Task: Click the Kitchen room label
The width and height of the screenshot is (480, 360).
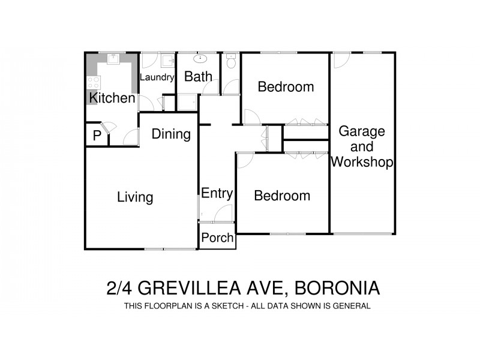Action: [x=112, y=98]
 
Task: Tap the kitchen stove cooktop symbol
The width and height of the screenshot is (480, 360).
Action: [x=94, y=82]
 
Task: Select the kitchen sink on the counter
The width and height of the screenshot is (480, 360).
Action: [x=113, y=58]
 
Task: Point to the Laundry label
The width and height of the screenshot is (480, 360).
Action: [x=157, y=77]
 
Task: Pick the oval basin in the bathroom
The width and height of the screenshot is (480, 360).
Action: [x=200, y=59]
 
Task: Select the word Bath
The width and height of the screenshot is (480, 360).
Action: [x=198, y=77]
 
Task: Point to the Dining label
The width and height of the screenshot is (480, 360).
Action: [x=171, y=134]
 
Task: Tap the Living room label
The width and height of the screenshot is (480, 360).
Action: [x=135, y=197]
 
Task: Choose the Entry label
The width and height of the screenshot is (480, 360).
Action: [x=217, y=193]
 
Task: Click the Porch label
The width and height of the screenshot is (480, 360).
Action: [x=217, y=238]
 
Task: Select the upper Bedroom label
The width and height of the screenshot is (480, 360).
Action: [x=286, y=87]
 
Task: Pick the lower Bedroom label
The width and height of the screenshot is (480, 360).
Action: [x=282, y=196]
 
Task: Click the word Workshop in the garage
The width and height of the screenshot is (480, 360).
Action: [x=362, y=162]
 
